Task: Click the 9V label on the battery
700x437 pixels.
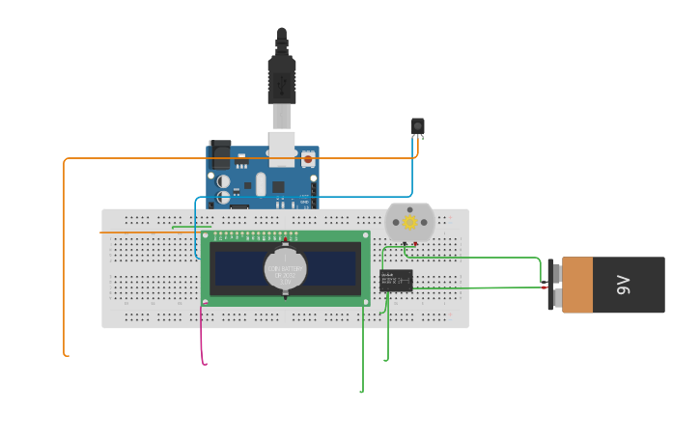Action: click(x=624, y=285)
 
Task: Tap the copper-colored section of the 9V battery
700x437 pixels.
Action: click(x=577, y=285)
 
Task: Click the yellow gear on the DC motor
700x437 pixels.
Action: click(x=409, y=223)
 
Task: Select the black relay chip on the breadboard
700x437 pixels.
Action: click(x=396, y=281)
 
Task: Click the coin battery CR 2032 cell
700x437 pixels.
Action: click(x=286, y=270)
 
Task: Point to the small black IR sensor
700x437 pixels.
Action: click(x=418, y=126)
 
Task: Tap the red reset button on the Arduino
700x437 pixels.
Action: click(x=309, y=156)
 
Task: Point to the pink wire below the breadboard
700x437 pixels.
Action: click(x=202, y=338)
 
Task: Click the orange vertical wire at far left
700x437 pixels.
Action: click(x=64, y=260)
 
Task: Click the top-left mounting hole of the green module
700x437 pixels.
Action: click(x=205, y=235)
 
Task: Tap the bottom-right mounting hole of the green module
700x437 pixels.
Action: click(x=366, y=302)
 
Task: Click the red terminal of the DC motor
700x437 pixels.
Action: click(x=415, y=244)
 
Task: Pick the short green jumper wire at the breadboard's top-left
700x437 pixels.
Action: click(x=191, y=227)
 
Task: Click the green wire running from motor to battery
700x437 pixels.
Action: click(x=473, y=258)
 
